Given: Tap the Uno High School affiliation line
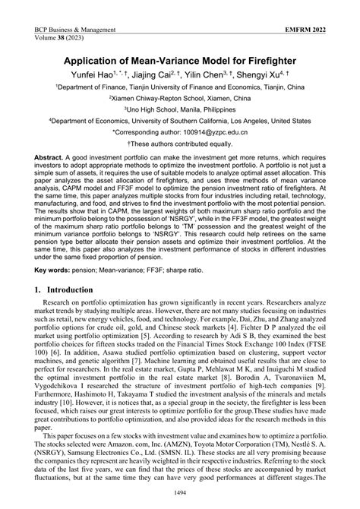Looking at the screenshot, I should (180, 109).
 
